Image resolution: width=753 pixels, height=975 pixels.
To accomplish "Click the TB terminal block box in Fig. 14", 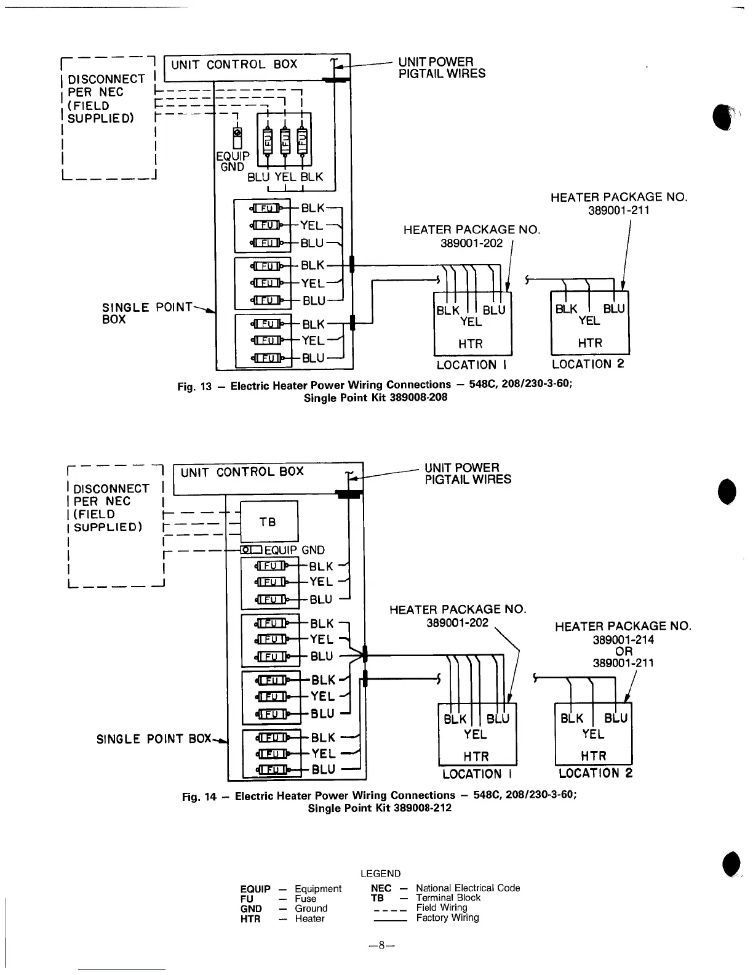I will pyautogui.click(x=268, y=522).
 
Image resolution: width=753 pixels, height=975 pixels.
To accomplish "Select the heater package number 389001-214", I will pyautogui.click(x=623, y=640).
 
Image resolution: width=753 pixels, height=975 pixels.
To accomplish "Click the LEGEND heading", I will pyautogui.click(x=380, y=873).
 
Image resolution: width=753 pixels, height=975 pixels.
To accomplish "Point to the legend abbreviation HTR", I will pyautogui.click(x=250, y=919).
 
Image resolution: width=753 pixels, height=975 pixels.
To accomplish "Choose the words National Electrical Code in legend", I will pyautogui.click(x=468, y=888).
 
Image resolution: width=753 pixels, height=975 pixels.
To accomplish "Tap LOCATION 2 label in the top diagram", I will pyautogui.click(x=588, y=364).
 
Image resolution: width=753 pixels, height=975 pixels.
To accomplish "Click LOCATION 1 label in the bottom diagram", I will pyautogui.click(x=477, y=774).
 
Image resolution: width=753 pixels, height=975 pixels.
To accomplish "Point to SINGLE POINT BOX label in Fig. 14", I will pyautogui.click(x=154, y=739).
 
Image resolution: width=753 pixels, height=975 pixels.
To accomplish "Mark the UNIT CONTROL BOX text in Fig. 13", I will pyautogui.click(x=234, y=65).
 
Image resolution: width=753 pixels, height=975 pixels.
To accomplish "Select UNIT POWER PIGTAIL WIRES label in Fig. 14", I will pyautogui.click(x=468, y=473).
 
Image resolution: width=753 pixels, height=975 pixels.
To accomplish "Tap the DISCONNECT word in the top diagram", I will pyautogui.click(x=106, y=79).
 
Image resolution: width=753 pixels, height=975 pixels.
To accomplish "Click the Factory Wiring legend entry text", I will pyautogui.click(x=447, y=918).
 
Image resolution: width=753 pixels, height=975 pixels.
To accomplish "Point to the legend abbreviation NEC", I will pyautogui.click(x=381, y=888).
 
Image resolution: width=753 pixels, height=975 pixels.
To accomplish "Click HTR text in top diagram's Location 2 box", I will pyautogui.click(x=589, y=343).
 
